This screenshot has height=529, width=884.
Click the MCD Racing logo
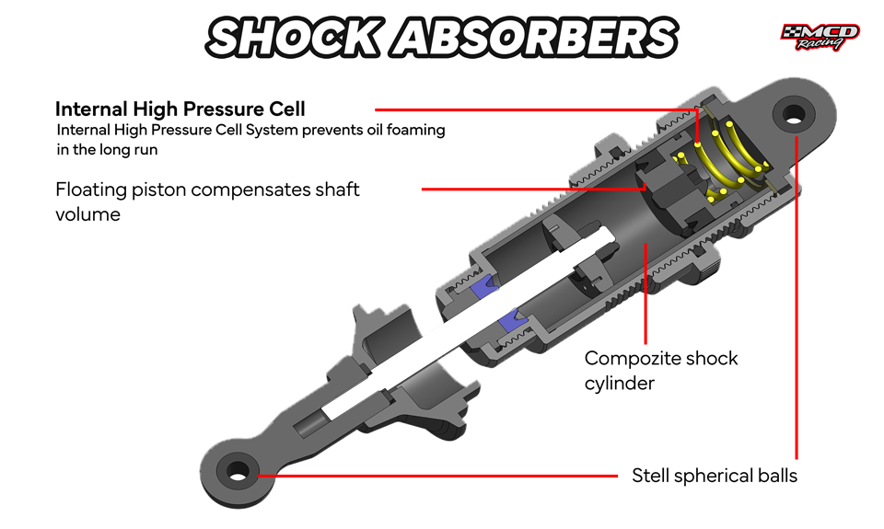[x=820, y=37]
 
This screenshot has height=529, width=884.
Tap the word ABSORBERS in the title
[x=535, y=37]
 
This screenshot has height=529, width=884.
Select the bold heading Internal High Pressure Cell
[x=180, y=109]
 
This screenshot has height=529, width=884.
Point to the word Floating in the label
[x=91, y=190]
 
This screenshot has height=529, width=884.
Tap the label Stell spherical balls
[x=715, y=476]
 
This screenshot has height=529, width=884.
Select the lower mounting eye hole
[x=238, y=470]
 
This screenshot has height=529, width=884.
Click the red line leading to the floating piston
[x=534, y=190]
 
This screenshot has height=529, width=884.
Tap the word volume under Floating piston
[x=87, y=214]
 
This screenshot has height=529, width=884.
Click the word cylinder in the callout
[x=620, y=384]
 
